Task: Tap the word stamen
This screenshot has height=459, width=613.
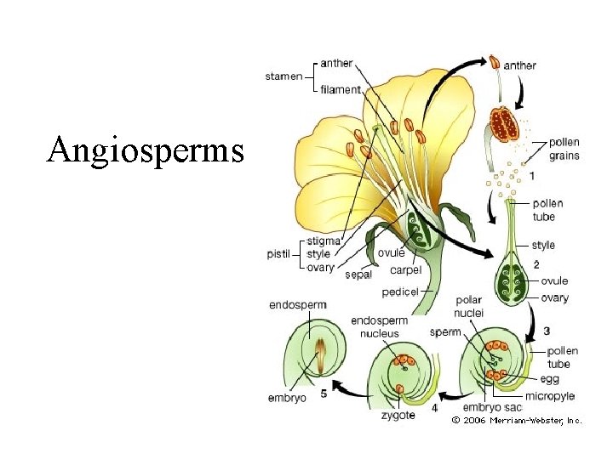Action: (x=284, y=76)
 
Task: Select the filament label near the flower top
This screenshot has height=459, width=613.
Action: (x=341, y=90)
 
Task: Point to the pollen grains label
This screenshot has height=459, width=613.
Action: (x=564, y=149)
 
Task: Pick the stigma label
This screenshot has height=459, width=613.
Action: (x=324, y=241)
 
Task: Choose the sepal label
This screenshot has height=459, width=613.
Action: (x=358, y=275)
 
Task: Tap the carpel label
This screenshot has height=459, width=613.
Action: (x=405, y=270)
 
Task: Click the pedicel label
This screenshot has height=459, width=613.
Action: (x=400, y=292)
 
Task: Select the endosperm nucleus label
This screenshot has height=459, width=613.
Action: (x=379, y=327)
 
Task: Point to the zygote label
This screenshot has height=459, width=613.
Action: (x=398, y=416)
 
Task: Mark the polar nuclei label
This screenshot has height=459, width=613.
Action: (x=469, y=306)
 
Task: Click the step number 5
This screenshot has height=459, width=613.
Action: (x=324, y=394)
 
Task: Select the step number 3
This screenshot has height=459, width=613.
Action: (x=546, y=330)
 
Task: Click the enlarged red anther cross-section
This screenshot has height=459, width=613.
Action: (x=503, y=124)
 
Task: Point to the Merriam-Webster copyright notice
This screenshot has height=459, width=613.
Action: (x=517, y=420)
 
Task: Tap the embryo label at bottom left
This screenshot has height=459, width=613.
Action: (x=287, y=397)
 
